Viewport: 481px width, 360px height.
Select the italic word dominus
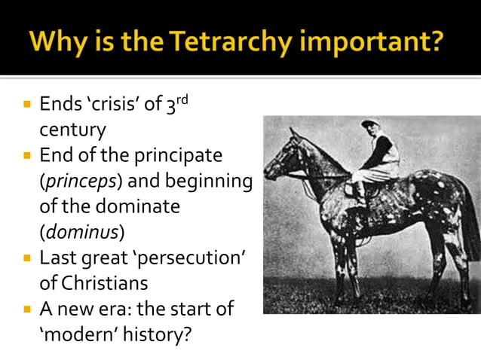pyautogui.click(x=82, y=231)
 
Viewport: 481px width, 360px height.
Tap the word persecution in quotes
pyautogui.click(x=191, y=257)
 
